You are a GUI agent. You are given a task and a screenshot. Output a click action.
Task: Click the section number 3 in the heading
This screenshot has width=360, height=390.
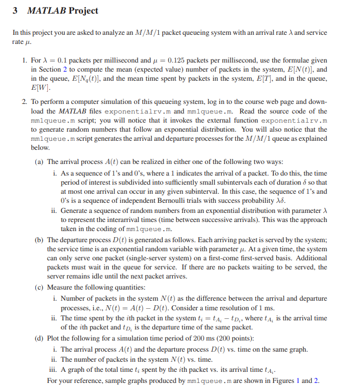15,11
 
